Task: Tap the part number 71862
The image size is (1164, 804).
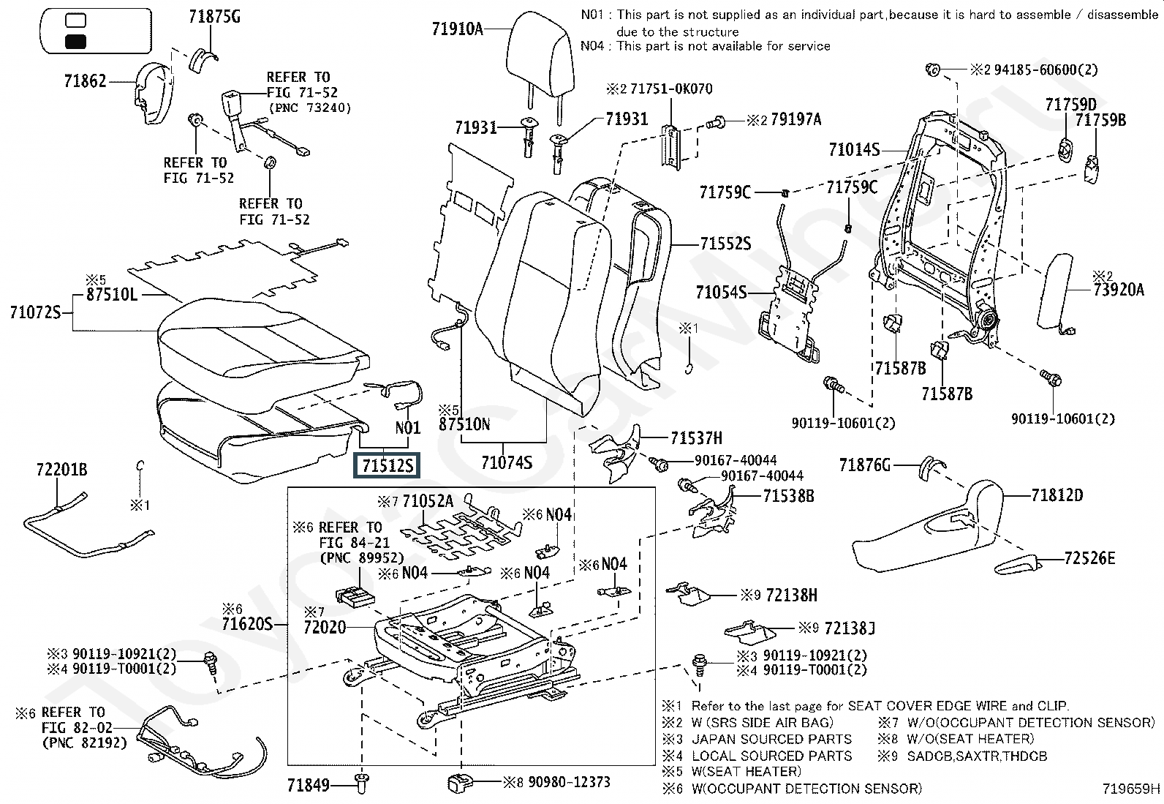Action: [x=85, y=81]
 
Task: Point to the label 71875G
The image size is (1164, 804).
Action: [x=214, y=17]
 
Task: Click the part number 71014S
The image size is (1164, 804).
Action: [x=854, y=150]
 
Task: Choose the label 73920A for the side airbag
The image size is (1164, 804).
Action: [x=1119, y=290]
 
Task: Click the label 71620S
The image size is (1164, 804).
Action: [x=246, y=624]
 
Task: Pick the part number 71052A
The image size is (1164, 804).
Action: [x=428, y=501]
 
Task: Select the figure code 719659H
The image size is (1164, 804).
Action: [x=1131, y=789]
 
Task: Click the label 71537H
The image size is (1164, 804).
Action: [x=696, y=438]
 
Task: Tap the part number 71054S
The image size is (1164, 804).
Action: [x=721, y=293]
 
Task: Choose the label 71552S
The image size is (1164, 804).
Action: [x=725, y=244]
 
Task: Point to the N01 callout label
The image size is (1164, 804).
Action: [x=408, y=428]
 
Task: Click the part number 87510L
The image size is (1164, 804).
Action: [x=112, y=295]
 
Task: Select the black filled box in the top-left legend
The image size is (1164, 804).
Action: [x=75, y=42]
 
